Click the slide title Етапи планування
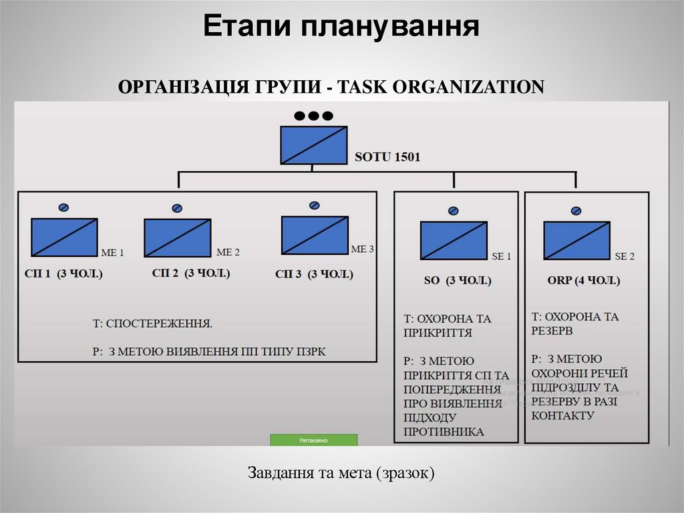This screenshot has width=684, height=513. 341,27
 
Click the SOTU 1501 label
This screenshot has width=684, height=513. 387,158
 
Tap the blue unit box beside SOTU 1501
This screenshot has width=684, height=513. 314,145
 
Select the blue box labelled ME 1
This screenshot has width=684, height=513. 64,237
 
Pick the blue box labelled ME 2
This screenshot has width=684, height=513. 177,238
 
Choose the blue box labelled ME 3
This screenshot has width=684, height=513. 315,235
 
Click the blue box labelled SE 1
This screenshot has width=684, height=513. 454,241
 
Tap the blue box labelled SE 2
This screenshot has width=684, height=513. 576,241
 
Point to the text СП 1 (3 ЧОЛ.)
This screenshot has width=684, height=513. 65,274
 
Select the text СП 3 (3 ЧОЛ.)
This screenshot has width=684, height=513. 314,274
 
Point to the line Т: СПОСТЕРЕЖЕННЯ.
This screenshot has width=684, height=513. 152,324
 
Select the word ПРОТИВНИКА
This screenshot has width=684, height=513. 444,432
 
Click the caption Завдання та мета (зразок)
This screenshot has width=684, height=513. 341,474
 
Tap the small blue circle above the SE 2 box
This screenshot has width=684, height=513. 576,211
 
